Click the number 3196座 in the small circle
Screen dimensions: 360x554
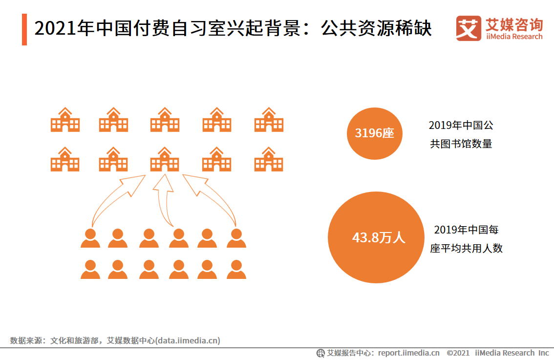click(x=375, y=132)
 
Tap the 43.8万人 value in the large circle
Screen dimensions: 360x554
click(x=379, y=238)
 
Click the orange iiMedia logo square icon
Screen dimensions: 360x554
click(x=469, y=28)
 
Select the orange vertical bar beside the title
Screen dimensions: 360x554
click(x=24, y=29)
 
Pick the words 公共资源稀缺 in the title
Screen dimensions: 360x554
click(x=377, y=29)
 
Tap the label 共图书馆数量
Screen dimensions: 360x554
click(x=461, y=144)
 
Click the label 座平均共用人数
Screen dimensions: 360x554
click(x=467, y=248)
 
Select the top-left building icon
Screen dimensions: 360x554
click(x=65, y=120)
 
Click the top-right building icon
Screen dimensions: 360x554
click(x=269, y=120)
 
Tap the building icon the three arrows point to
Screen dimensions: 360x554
click(x=165, y=159)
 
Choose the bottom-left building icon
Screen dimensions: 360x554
click(x=65, y=159)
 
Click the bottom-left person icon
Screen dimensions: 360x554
click(x=90, y=269)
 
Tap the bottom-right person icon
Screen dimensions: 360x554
click(x=236, y=269)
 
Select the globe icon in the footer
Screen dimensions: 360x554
click(x=320, y=353)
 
